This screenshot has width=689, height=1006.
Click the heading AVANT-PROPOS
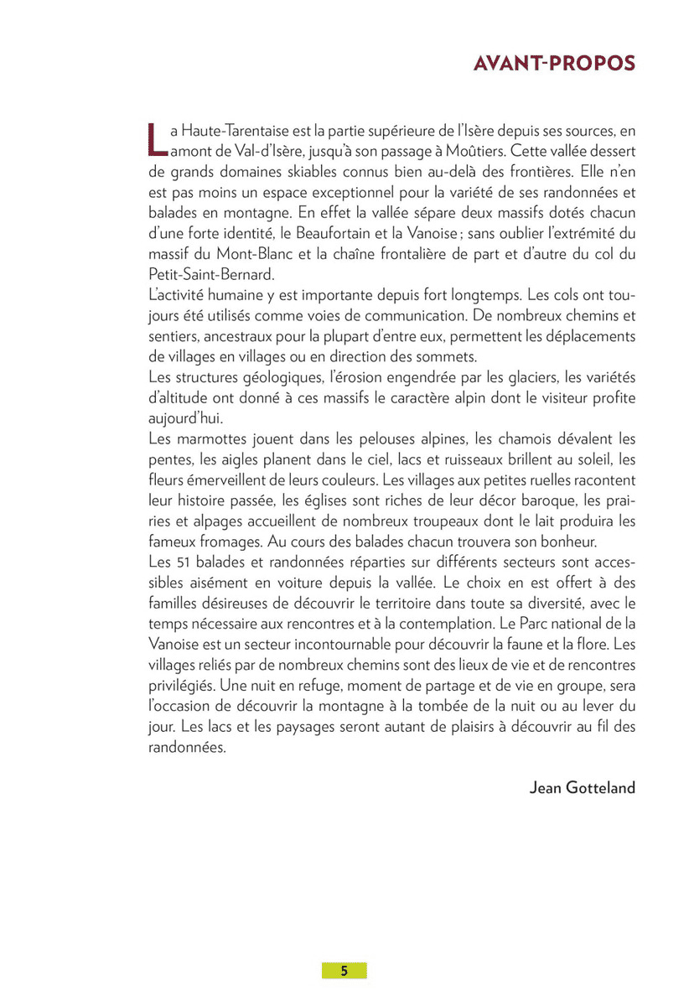click(x=554, y=65)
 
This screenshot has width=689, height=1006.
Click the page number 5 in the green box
click(x=344, y=971)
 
